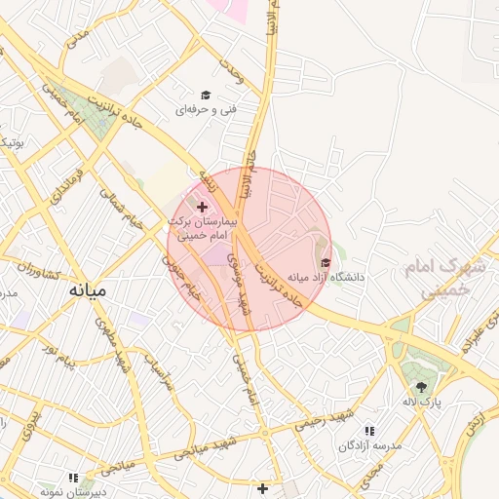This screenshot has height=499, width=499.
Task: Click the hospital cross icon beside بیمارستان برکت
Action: point(202,207)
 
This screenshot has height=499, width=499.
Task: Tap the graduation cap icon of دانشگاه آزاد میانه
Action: point(326,261)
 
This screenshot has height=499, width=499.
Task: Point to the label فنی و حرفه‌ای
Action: point(206,110)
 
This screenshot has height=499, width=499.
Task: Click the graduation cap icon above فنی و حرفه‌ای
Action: point(206,95)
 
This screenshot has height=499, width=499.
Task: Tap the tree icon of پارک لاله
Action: point(421,386)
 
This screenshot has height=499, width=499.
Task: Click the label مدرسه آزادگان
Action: point(369,445)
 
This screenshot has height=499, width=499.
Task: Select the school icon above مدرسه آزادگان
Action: point(369,430)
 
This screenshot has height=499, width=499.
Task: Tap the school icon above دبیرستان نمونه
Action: point(72,478)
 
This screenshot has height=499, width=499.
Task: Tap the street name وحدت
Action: point(231,69)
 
